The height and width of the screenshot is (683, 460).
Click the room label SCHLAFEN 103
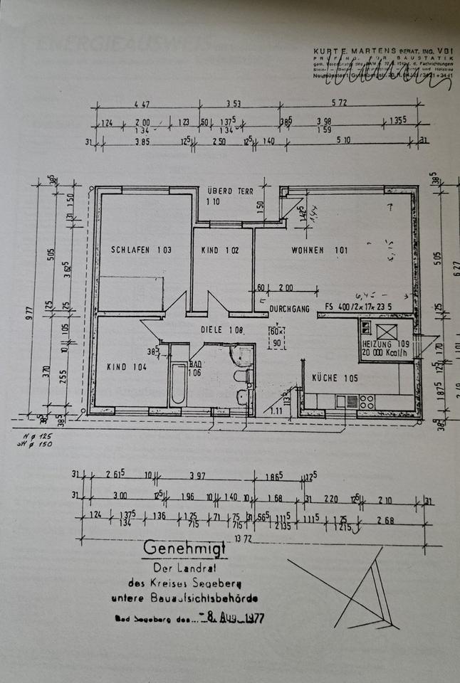click(141, 250)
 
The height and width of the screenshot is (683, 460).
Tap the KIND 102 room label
click(220, 250)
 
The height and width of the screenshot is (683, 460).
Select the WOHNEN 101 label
click(318, 250)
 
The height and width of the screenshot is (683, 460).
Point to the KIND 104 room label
click(127, 367)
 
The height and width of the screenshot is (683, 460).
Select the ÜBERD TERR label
click(230, 191)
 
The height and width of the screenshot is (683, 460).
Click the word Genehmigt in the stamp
click(184, 549)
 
